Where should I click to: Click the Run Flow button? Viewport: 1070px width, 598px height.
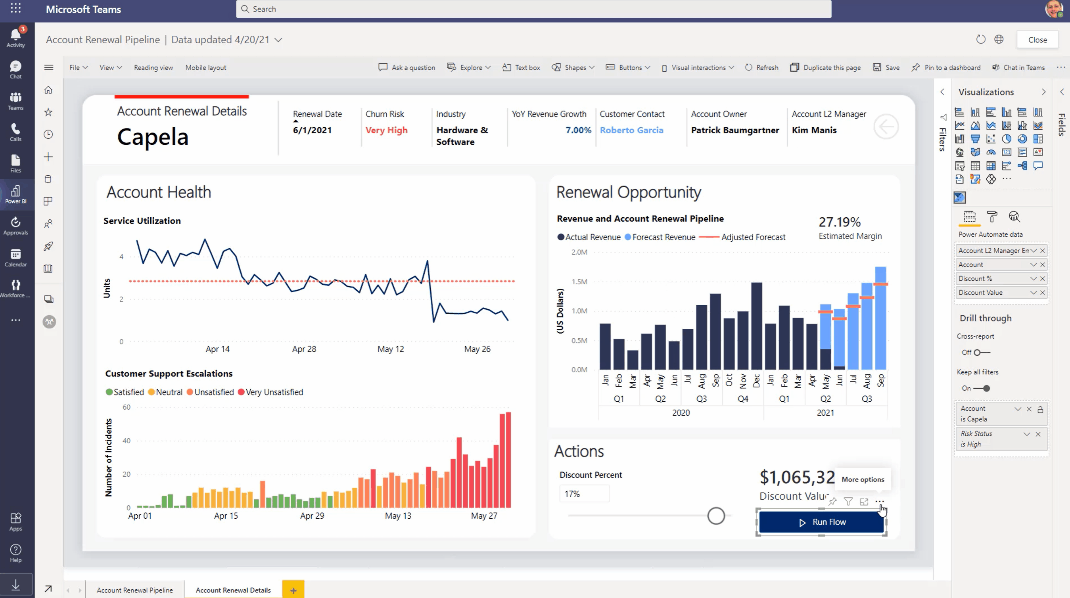pos(821,522)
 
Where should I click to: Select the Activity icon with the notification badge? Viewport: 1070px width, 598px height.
pos(16,37)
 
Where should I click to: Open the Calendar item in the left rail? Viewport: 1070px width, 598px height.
pos(16,257)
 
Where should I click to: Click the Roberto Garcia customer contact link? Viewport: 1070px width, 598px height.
pos(631,130)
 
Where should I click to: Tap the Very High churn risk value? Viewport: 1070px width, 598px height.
pos(386,130)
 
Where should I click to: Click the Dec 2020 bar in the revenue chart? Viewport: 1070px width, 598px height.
pos(756,326)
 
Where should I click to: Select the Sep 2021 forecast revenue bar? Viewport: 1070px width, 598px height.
pos(880,318)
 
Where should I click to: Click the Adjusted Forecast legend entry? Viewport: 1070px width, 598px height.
pos(742,237)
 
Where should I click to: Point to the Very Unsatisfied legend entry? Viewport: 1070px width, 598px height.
pos(270,392)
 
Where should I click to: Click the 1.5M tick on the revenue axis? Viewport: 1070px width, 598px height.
pos(579,282)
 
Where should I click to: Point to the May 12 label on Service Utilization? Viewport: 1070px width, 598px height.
pos(391,349)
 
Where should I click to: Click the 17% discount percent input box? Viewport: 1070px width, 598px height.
pos(584,494)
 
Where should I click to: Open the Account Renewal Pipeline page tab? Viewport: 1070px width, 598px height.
pos(134,590)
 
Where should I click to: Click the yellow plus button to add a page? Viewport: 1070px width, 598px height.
pos(293,590)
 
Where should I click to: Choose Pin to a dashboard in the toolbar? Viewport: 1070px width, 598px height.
pos(946,67)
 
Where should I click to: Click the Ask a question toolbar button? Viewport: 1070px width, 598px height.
pos(407,67)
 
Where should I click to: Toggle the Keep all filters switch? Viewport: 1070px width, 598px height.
pos(982,388)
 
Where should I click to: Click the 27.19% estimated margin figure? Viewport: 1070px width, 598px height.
pos(840,222)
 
